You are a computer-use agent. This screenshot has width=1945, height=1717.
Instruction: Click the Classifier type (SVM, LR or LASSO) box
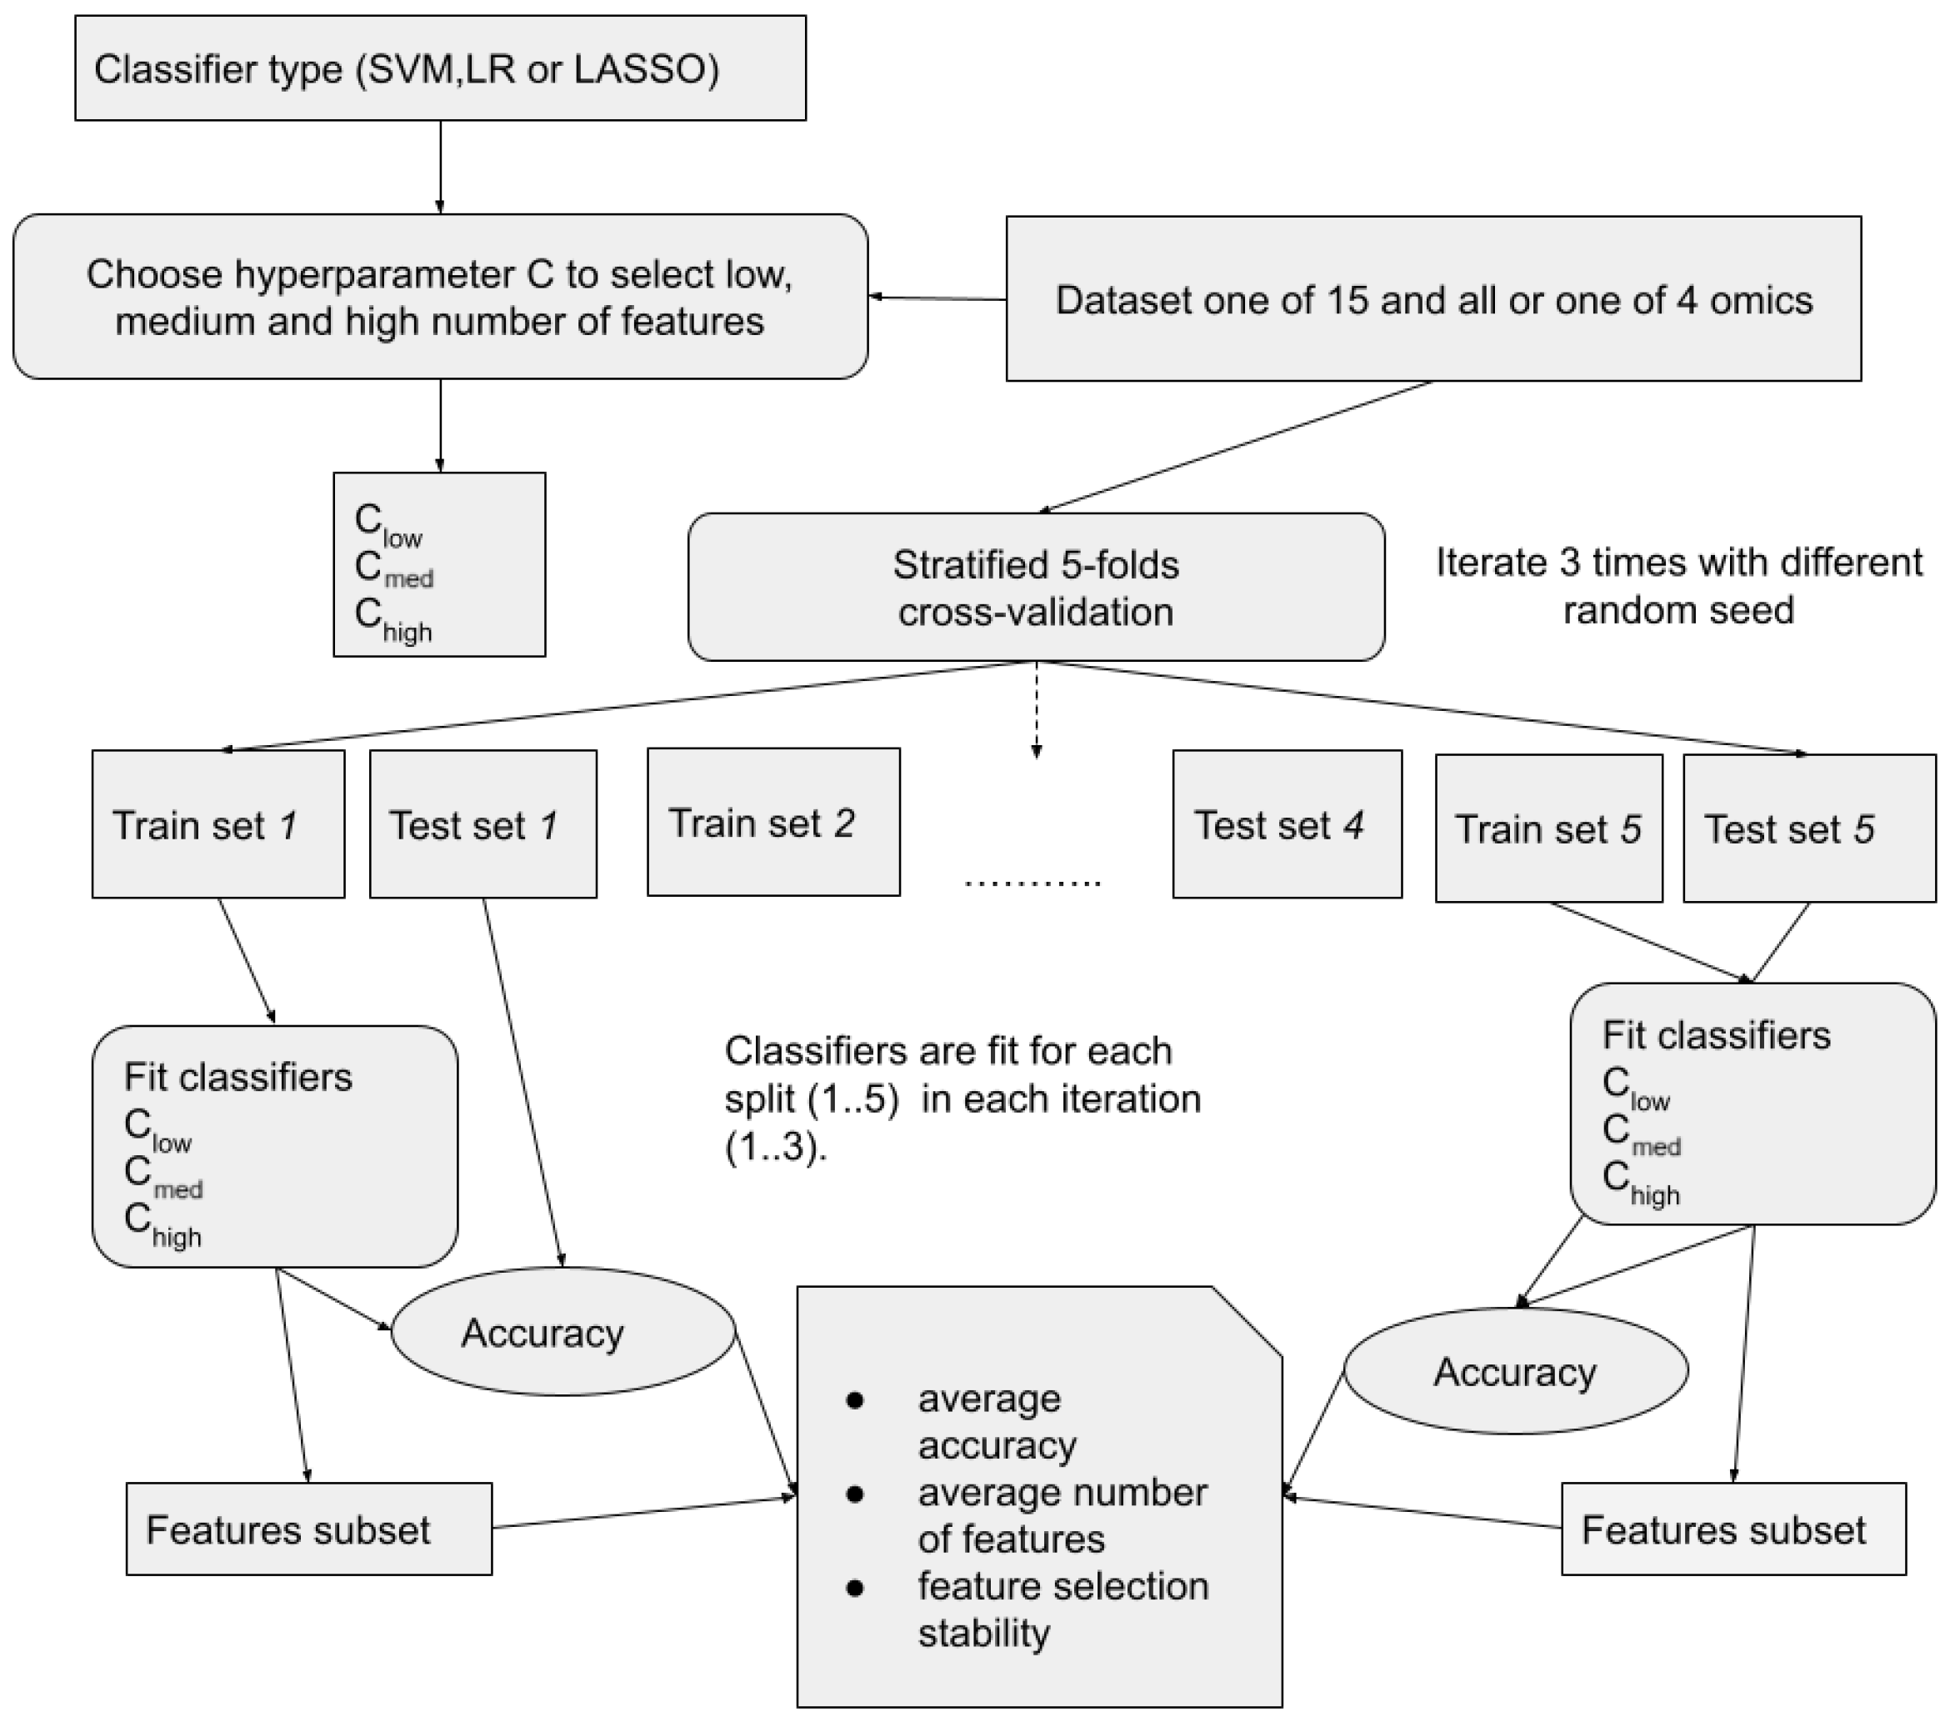(x=440, y=68)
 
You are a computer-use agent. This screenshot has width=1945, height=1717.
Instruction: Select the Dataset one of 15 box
(x=1433, y=299)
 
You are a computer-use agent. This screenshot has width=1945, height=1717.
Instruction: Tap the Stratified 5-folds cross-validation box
(x=1035, y=588)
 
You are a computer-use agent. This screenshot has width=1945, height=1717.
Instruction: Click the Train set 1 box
(x=217, y=824)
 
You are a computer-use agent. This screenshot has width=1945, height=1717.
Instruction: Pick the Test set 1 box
(x=482, y=824)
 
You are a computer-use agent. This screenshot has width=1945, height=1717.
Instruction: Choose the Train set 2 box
(x=772, y=823)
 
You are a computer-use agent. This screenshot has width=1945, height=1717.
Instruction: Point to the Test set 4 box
(x=1287, y=824)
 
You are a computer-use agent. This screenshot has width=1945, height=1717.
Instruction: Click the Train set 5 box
(x=1548, y=828)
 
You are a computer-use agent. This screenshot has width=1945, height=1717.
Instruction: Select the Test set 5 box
(x=1808, y=828)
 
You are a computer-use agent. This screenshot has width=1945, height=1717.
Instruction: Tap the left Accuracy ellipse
(x=562, y=1332)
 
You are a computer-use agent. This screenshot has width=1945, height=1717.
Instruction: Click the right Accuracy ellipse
(x=1515, y=1371)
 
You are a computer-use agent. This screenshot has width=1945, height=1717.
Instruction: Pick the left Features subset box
(x=308, y=1529)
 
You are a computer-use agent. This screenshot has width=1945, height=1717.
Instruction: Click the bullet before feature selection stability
(x=854, y=1588)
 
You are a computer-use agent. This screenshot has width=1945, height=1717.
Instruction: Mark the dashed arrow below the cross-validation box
(x=1037, y=709)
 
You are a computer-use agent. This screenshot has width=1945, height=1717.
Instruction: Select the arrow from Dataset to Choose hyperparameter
(x=937, y=298)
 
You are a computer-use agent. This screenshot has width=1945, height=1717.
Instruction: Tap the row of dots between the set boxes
(x=1032, y=884)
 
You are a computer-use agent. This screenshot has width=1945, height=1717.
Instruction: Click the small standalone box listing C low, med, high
(x=438, y=564)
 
